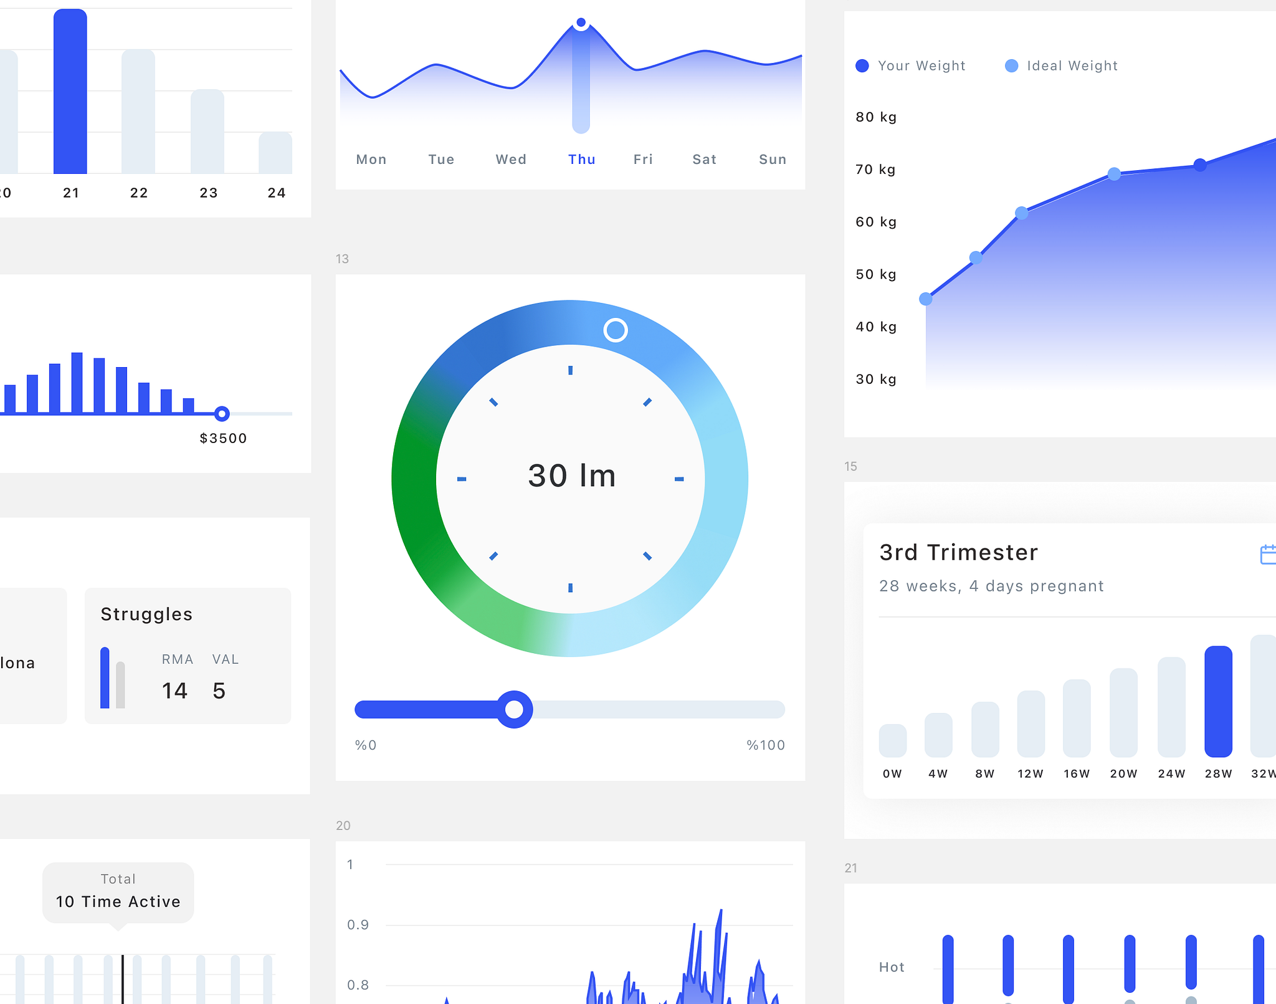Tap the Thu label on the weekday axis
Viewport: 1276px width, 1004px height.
[581, 160]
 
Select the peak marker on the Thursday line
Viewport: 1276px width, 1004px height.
[581, 23]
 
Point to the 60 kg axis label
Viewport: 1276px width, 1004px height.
[875, 222]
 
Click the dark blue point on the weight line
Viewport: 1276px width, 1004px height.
[1199, 165]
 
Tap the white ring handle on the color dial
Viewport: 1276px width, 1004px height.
[615, 330]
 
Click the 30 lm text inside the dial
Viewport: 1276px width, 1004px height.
[571, 476]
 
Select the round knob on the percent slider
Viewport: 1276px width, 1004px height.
[514, 709]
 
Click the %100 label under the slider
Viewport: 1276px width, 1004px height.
[765, 745]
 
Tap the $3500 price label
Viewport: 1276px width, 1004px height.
[223, 438]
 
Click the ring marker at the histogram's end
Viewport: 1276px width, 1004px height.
[222, 414]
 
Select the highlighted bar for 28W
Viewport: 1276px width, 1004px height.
[1217, 702]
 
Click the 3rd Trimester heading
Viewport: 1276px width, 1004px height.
[958, 552]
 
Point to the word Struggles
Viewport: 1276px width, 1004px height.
[146, 614]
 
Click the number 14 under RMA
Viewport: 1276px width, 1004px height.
[174, 691]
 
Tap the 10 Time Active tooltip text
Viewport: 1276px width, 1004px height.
[118, 902]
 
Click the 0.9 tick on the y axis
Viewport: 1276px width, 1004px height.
[358, 925]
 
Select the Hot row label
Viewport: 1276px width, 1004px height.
[891, 967]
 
